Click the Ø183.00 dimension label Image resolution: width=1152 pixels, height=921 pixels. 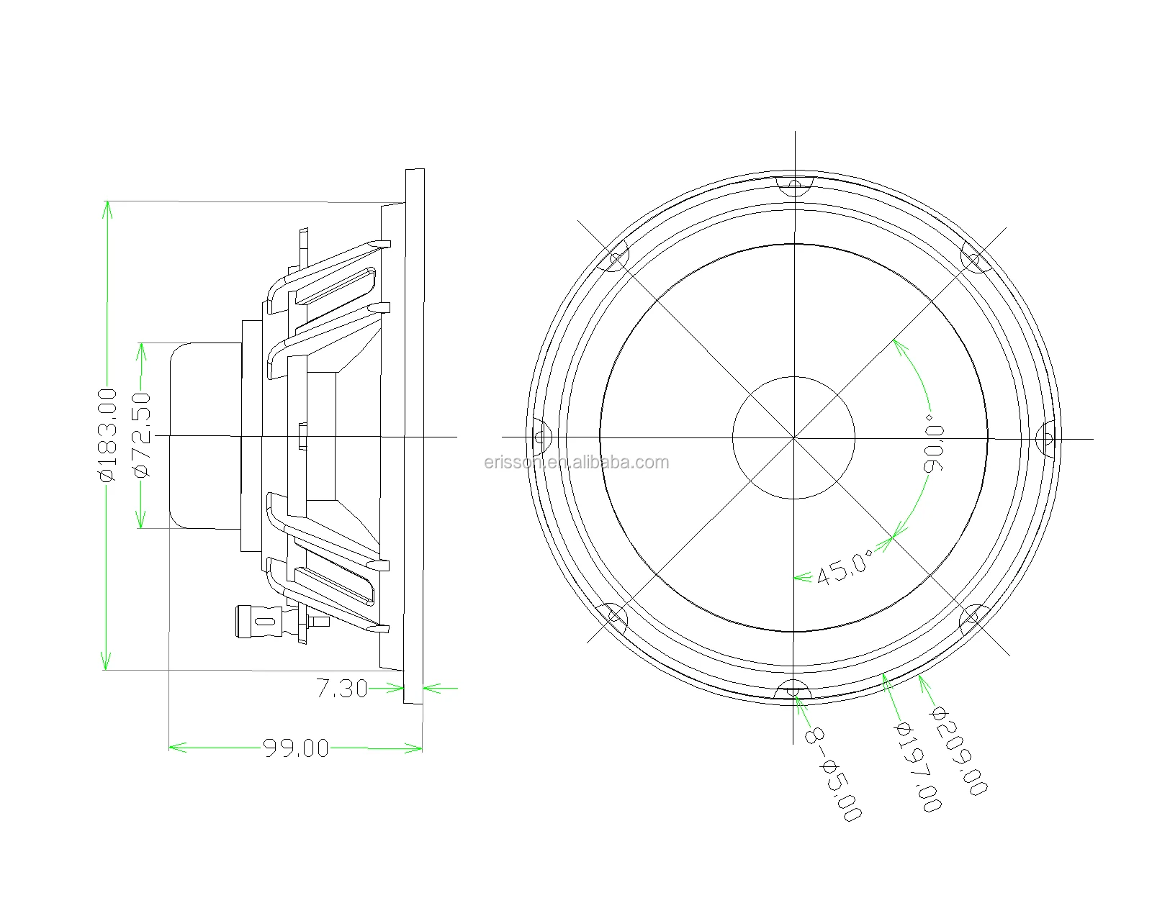click(x=107, y=435)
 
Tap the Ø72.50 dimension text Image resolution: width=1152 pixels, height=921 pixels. click(x=141, y=435)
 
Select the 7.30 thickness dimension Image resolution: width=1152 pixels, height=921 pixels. click(x=342, y=689)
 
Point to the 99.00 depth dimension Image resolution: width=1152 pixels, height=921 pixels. click(x=296, y=748)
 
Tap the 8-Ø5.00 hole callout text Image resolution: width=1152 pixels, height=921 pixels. click(x=832, y=774)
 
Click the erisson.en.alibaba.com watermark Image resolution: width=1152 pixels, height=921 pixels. click(x=576, y=462)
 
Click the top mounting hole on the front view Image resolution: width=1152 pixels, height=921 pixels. click(x=794, y=187)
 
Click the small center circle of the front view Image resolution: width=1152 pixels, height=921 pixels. click(x=793, y=437)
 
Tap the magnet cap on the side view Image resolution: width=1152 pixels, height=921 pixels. click(x=205, y=436)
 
